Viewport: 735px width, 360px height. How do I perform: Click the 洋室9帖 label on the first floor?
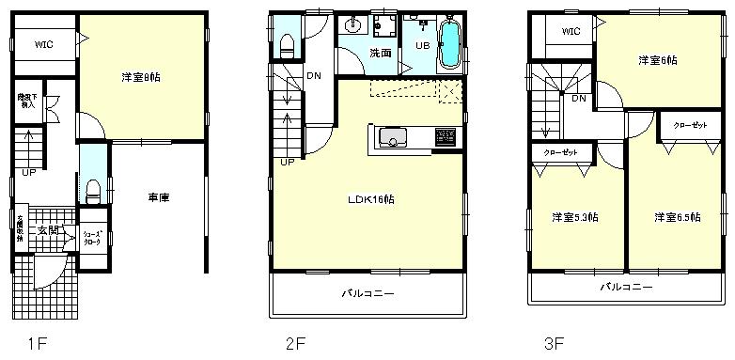click(141, 77)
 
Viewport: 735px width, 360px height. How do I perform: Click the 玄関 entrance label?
click(47, 230)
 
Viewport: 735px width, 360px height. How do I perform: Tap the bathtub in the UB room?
click(448, 46)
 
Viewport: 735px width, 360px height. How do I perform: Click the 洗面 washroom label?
click(380, 54)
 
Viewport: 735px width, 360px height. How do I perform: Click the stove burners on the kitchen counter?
click(442, 138)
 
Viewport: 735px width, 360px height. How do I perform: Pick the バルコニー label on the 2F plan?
click(367, 293)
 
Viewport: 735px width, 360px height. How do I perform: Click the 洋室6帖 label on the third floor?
click(658, 60)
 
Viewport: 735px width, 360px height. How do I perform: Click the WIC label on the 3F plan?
click(571, 32)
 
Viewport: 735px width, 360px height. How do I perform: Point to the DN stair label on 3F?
click(578, 97)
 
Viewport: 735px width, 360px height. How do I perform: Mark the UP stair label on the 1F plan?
click(29, 172)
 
